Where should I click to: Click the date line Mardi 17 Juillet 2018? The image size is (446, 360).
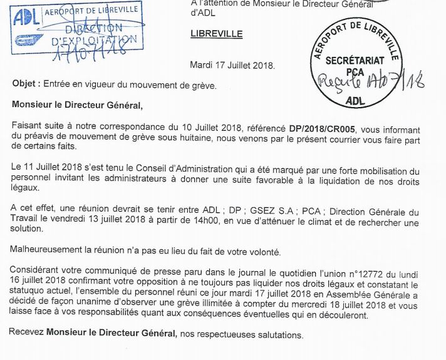232,65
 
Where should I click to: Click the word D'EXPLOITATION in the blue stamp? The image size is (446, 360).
91,41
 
